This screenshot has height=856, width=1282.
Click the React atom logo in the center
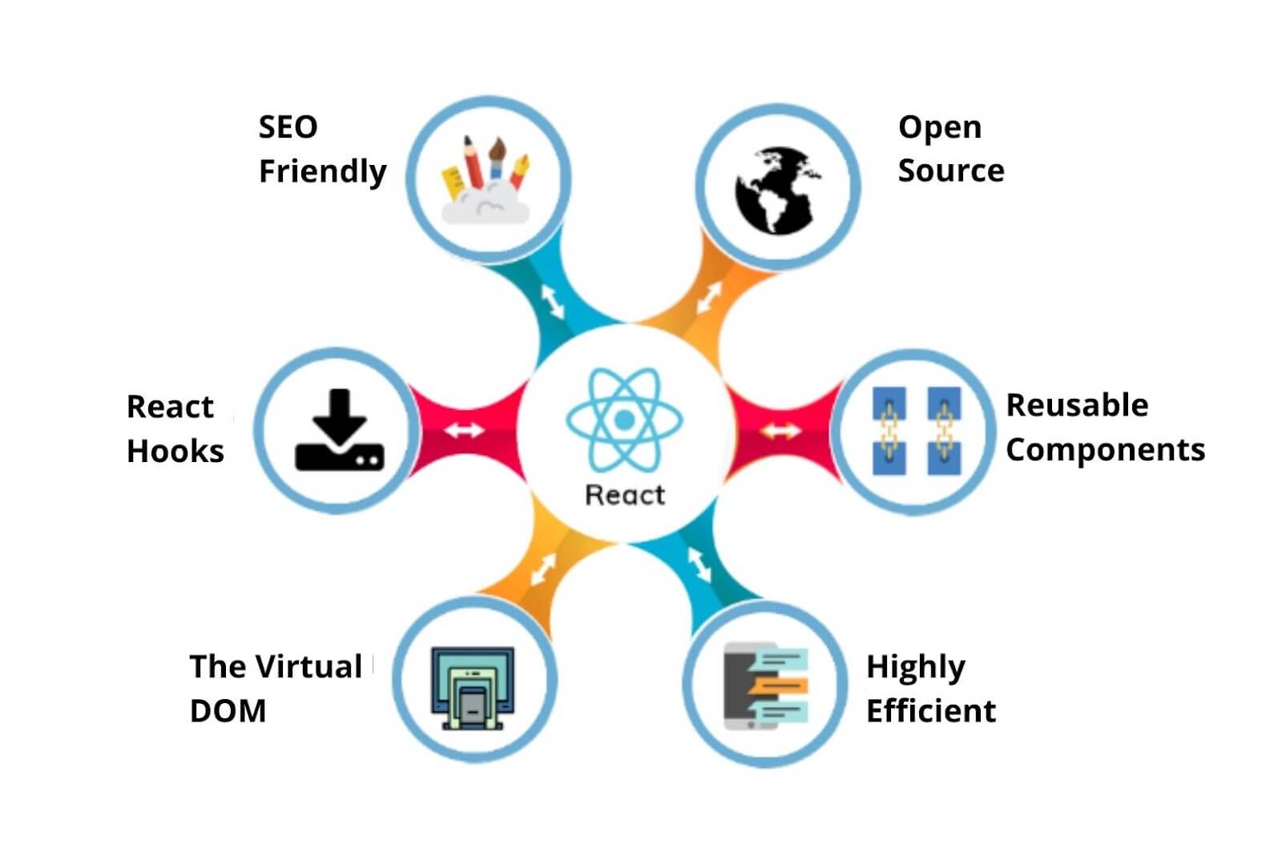pyautogui.click(x=624, y=419)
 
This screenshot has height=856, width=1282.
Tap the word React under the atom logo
pyautogui.click(x=625, y=495)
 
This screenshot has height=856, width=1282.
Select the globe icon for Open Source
pyautogui.click(x=778, y=190)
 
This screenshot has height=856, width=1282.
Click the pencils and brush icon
pyautogui.click(x=486, y=180)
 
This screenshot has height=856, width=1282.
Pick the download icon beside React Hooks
pyautogui.click(x=340, y=431)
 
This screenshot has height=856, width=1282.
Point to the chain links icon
pyautogui.click(x=915, y=431)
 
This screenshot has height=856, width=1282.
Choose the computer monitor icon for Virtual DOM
pyautogui.click(x=473, y=687)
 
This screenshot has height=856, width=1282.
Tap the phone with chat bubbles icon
pyautogui.click(x=766, y=685)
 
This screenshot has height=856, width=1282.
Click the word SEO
pyautogui.click(x=288, y=127)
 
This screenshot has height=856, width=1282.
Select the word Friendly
pyautogui.click(x=322, y=171)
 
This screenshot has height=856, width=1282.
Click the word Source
pyautogui.click(x=950, y=171)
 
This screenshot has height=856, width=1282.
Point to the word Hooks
pyautogui.click(x=175, y=451)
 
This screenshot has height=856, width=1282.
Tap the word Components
pyautogui.click(x=1105, y=450)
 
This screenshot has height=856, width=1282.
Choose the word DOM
pyautogui.click(x=228, y=710)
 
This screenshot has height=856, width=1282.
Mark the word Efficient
pyautogui.click(x=930, y=710)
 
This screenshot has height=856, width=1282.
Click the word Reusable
pyautogui.click(x=1076, y=405)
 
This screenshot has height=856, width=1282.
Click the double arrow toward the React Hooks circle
pyautogui.click(x=465, y=430)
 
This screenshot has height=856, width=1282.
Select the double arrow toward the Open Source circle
pyautogui.click(x=708, y=297)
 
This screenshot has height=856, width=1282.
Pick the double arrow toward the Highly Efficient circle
pyautogui.click(x=699, y=565)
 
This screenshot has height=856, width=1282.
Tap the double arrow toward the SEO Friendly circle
pyautogui.click(x=553, y=301)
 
